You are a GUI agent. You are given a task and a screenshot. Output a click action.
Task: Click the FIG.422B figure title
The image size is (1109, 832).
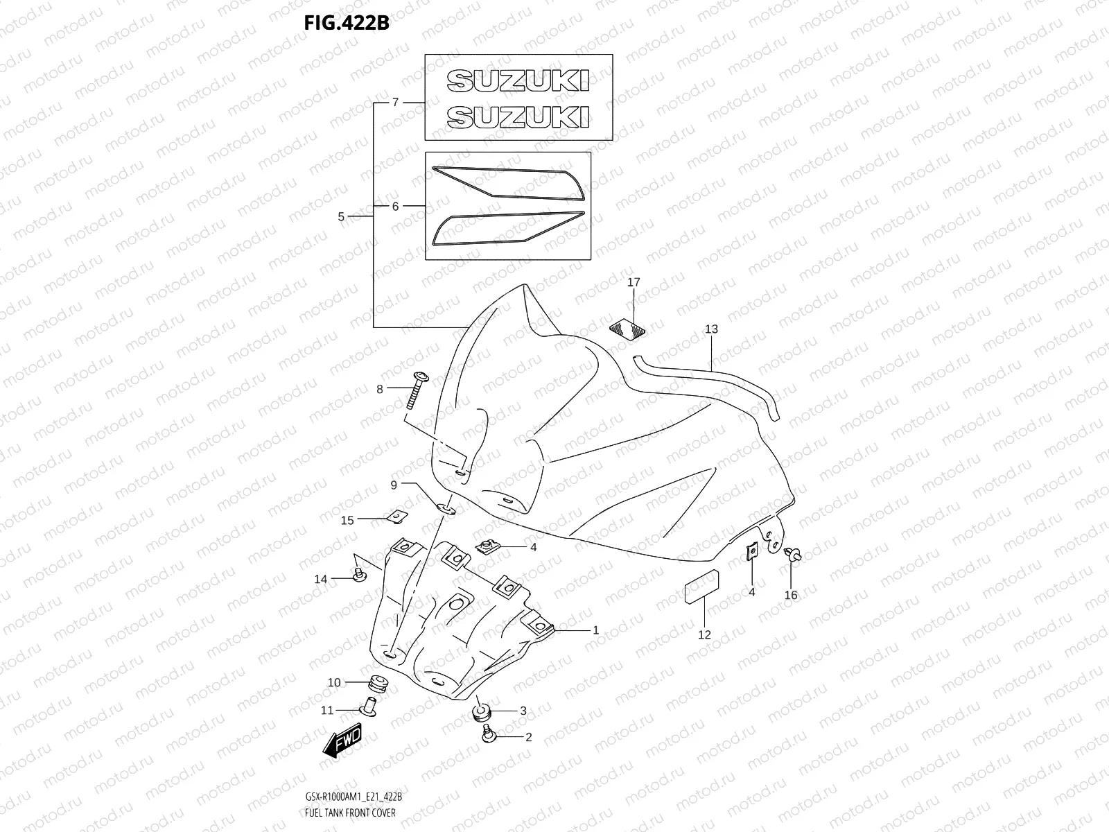tap(346, 23)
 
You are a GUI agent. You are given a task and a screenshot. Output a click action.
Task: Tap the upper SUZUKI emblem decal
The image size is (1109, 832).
tap(518, 80)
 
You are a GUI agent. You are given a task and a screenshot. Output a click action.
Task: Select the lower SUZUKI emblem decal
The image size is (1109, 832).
tap(518, 116)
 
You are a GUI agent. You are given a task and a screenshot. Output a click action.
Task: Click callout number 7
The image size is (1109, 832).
tap(395, 102)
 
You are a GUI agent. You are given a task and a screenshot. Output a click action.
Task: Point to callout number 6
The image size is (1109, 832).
tap(395, 206)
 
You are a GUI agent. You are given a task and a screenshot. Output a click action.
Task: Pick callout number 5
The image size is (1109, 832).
tap(341, 216)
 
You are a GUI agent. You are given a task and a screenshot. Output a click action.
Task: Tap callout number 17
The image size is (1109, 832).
tap(634, 282)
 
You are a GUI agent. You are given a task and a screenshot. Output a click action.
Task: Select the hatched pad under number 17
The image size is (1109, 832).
tap(625, 329)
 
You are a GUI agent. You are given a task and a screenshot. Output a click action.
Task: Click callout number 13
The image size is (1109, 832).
tap(712, 329)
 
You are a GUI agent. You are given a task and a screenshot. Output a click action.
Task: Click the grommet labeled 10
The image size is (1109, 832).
tap(378, 682)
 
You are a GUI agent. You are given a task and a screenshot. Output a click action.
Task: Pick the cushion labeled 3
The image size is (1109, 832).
tap(480, 711)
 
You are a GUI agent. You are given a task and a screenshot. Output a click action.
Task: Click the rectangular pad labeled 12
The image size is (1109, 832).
tap(701, 589)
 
